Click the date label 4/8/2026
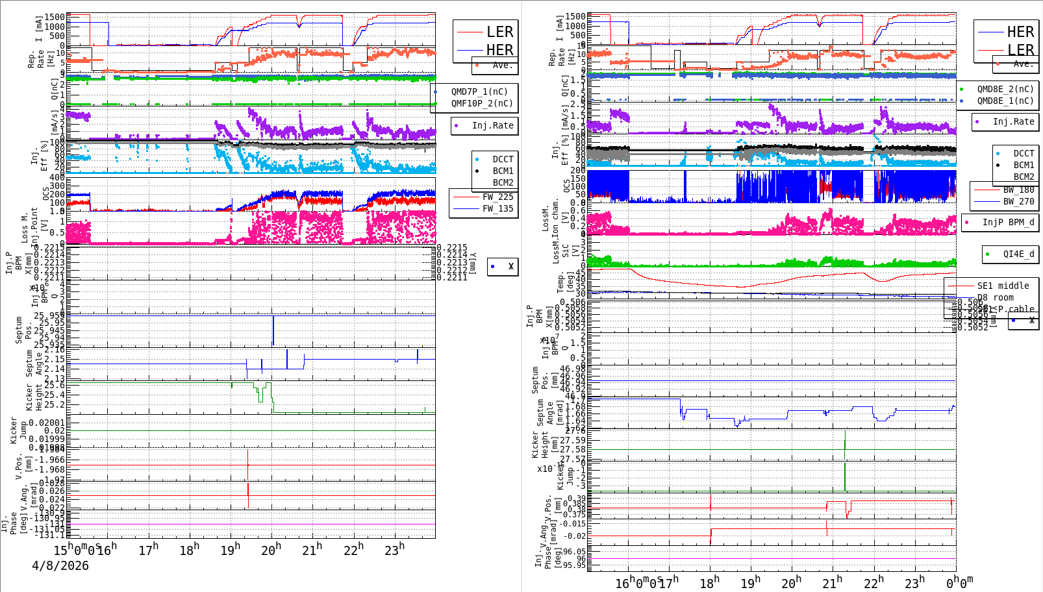pos(60,565)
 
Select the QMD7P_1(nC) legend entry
pos(479,92)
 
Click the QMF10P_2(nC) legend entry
pos(481,103)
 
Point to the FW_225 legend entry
pos(497,197)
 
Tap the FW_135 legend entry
pos(497,208)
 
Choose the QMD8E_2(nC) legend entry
pos(1005,89)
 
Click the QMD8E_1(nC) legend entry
pos(1005,101)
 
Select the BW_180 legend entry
pos(1018,190)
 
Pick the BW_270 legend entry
pos(1018,201)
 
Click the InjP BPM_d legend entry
pos(1008,222)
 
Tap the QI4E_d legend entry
pos(1018,254)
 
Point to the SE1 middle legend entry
pos(1003,286)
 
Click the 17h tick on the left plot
pos(149,550)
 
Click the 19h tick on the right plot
pos(751,583)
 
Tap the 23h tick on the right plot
pos(915,583)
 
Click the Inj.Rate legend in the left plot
pos(492,125)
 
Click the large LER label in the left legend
pos(499,32)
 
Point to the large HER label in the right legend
pos(1020,32)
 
